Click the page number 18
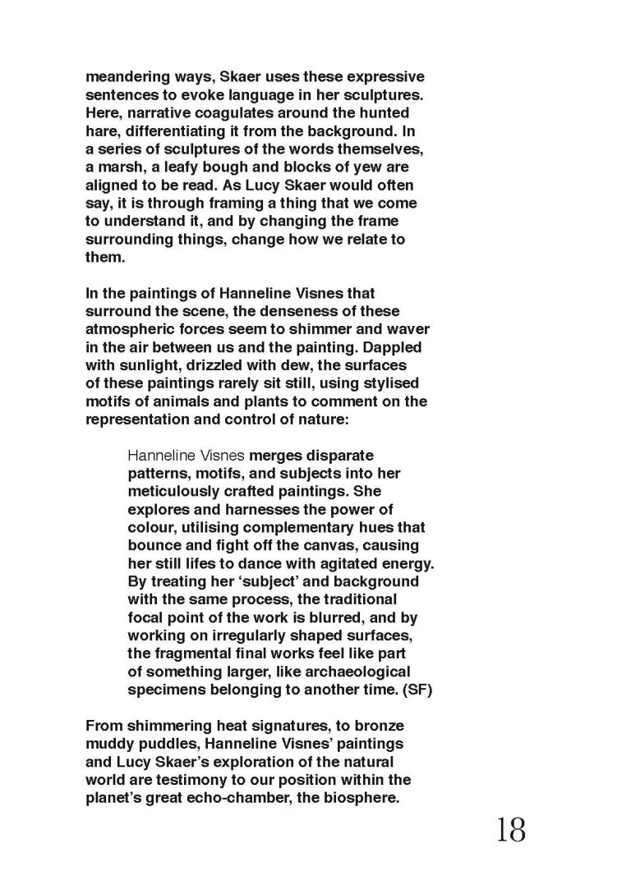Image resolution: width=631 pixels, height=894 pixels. [509, 831]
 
